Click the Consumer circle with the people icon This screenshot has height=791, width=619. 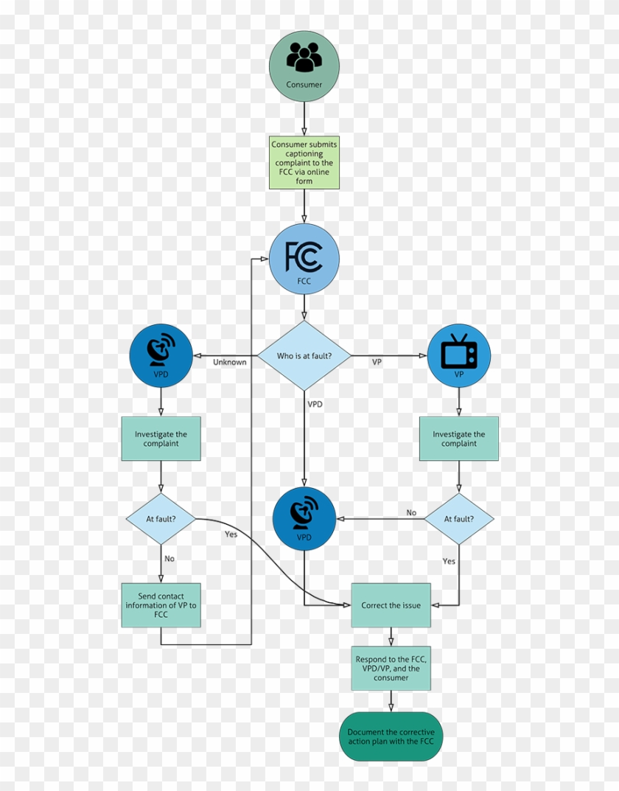(x=304, y=66)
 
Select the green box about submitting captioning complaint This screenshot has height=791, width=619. (x=304, y=163)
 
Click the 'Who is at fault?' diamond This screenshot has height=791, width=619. (x=304, y=356)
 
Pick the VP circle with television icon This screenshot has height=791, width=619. (x=459, y=356)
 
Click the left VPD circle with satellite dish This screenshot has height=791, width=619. (x=161, y=356)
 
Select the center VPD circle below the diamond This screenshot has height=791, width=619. (x=304, y=518)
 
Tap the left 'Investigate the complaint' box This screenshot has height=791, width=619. (x=161, y=439)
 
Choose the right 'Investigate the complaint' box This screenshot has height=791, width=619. (x=459, y=439)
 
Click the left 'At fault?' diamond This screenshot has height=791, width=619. (x=161, y=518)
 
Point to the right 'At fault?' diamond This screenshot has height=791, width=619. (x=459, y=518)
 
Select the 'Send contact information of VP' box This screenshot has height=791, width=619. (x=161, y=605)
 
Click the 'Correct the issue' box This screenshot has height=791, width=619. (x=391, y=605)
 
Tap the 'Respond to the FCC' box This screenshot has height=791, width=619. (x=391, y=669)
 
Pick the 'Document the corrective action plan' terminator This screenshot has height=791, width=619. (x=391, y=736)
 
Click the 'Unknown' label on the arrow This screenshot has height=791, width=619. (x=230, y=362)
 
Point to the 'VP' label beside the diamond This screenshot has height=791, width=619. (x=377, y=362)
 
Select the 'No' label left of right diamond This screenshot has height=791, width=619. (x=411, y=512)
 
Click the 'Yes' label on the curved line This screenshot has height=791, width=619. (x=231, y=534)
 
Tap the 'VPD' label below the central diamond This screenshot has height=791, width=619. (x=315, y=404)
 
